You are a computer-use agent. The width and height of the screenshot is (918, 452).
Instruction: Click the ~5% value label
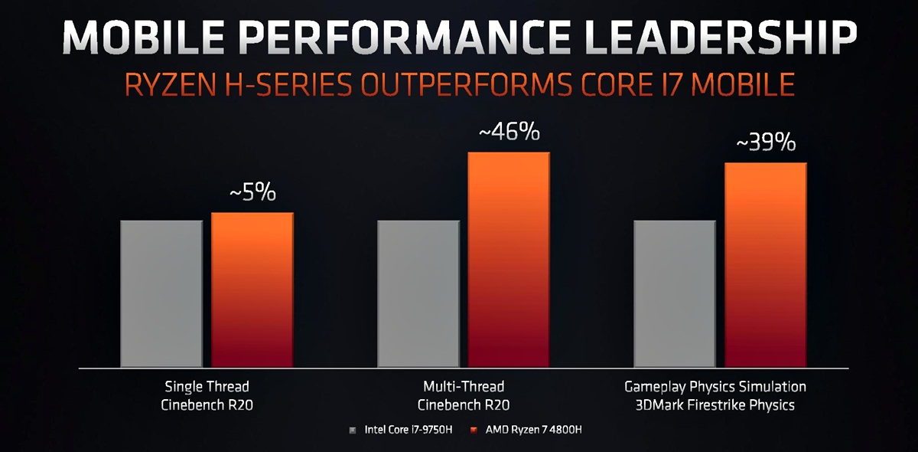252,193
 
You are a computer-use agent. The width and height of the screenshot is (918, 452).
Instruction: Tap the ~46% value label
509,133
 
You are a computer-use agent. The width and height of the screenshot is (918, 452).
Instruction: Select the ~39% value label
765,142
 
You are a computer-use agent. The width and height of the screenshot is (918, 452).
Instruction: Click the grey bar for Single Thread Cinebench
161,294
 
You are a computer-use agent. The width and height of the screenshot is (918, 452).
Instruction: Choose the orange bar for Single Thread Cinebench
252,290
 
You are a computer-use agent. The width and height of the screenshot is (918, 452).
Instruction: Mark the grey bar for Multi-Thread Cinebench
418,294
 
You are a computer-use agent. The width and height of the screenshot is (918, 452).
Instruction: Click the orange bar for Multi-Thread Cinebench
509,260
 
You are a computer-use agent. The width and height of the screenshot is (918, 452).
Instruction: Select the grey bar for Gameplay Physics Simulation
675,294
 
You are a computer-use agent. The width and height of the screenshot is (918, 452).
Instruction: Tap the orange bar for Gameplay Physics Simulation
765,265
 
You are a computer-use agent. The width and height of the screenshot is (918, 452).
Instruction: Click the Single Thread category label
207,386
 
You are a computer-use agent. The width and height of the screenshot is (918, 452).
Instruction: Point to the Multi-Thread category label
464,386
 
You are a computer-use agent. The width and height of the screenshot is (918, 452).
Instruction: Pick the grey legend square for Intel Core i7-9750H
352,431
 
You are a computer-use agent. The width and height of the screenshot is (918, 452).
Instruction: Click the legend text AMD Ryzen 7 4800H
529,431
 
